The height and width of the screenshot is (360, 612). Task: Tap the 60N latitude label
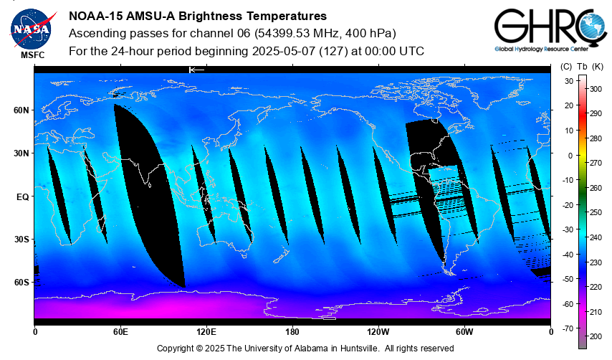(x=21, y=110)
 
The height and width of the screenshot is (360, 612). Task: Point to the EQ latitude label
(x=21, y=196)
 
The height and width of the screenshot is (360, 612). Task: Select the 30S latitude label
(x=21, y=240)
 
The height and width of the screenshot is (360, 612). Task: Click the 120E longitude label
(x=206, y=331)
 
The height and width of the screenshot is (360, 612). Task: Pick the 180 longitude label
(x=292, y=331)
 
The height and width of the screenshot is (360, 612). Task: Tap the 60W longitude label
(x=464, y=331)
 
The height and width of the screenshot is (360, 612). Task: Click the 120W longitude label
(x=378, y=331)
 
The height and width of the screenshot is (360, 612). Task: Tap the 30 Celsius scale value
(x=568, y=80)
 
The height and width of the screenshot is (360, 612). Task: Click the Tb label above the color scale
(x=582, y=67)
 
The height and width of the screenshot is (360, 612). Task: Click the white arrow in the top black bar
(x=196, y=70)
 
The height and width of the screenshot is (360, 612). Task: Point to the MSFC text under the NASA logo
(x=34, y=55)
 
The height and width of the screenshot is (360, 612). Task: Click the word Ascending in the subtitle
(x=95, y=34)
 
